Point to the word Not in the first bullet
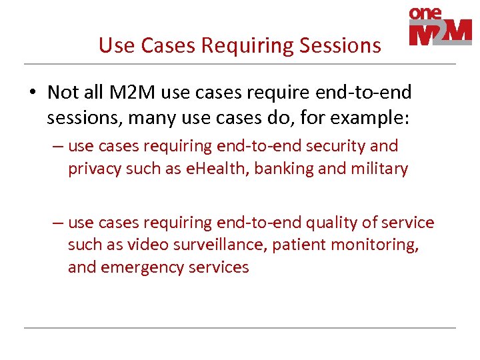[x=62, y=91]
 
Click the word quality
[x=329, y=223]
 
